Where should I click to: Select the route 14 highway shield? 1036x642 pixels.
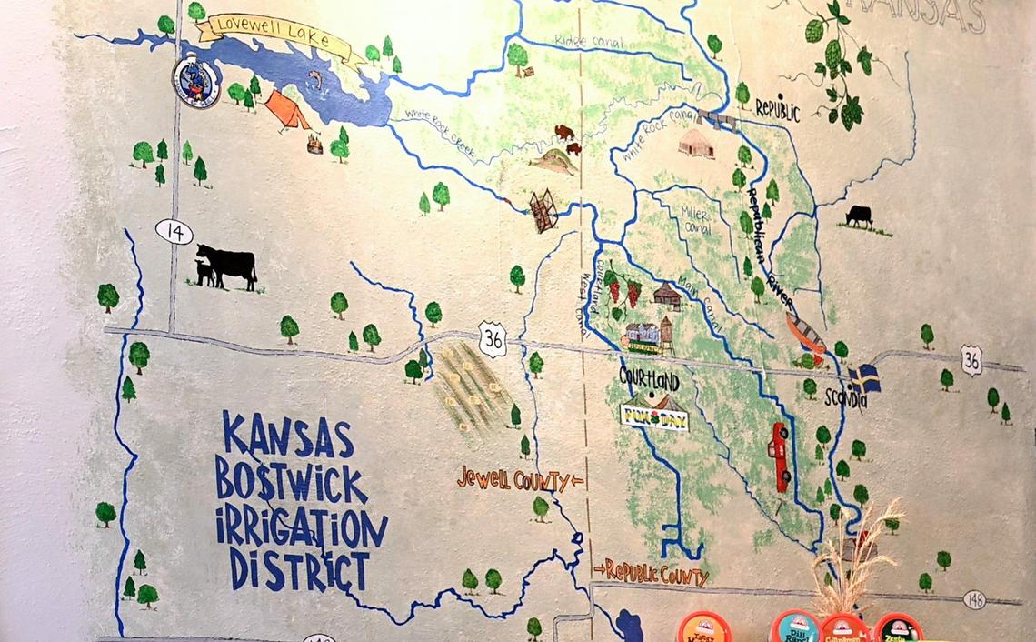pyautogui.click(x=174, y=232)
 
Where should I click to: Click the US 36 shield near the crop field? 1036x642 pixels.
pyautogui.click(x=493, y=338)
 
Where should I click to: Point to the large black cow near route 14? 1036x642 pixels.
pyautogui.click(x=228, y=264)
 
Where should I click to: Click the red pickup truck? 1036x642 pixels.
pyautogui.click(x=779, y=456)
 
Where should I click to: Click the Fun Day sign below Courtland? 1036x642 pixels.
pyautogui.click(x=654, y=416)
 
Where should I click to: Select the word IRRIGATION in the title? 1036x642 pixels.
pyautogui.click(x=301, y=529)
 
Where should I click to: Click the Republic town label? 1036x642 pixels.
pyautogui.click(x=777, y=110)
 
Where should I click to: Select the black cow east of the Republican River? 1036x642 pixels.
pyautogui.click(x=859, y=216)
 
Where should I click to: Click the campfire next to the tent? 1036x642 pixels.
pyautogui.click(x=314, y=144)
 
